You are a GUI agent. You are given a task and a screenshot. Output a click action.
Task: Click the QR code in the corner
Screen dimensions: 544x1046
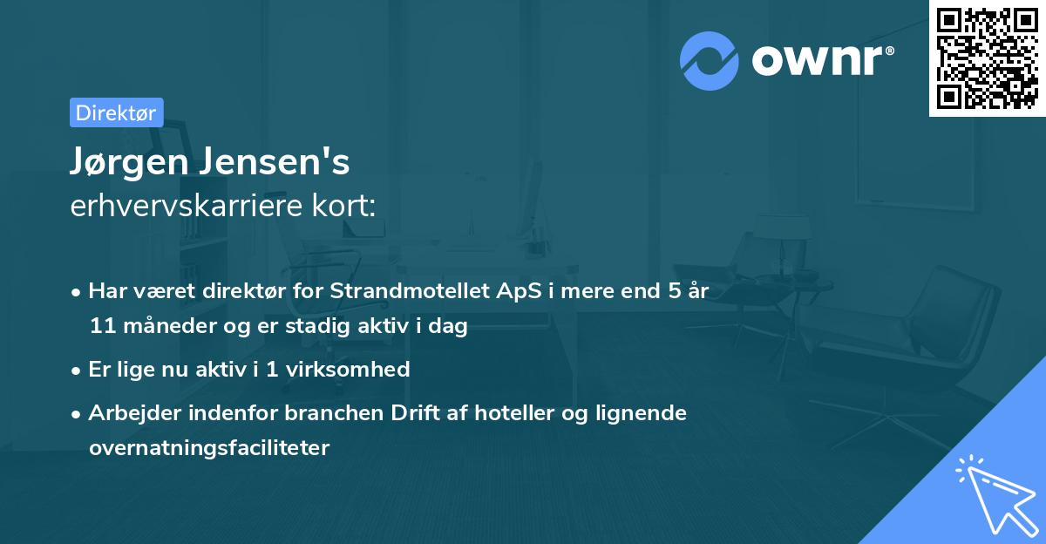987,58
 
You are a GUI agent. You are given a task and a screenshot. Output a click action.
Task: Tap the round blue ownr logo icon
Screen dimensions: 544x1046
710,61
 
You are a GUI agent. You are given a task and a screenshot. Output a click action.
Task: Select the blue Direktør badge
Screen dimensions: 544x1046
116,112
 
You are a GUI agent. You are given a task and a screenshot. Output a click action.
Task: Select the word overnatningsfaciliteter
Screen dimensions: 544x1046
209,448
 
